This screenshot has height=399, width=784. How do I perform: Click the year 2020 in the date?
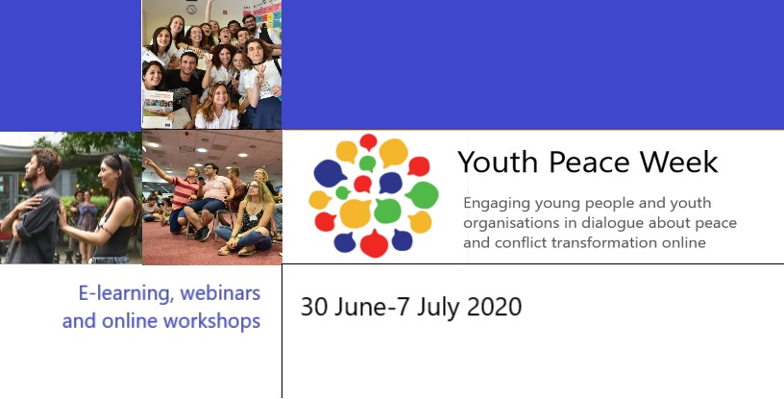[494, 307]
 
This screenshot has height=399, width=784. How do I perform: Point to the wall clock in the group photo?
[191, 9]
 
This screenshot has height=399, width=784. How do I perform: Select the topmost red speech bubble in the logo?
[369, 142]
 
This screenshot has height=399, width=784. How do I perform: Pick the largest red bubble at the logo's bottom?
[374, 243]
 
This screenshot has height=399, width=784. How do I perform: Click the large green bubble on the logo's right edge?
[424, 195]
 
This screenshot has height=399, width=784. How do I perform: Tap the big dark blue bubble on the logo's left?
[330, 173]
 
